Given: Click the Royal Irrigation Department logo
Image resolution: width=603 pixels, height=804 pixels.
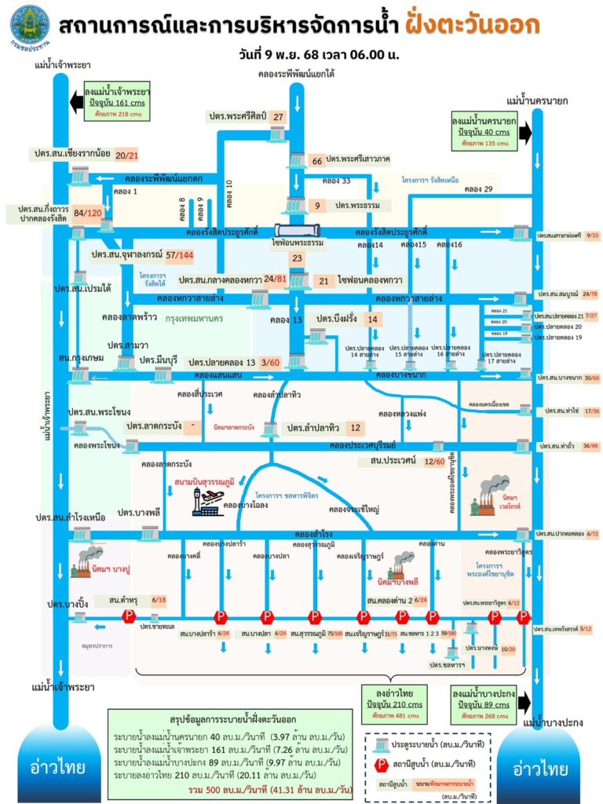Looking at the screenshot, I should (29, 26).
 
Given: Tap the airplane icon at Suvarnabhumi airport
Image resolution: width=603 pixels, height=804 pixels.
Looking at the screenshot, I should (211, 497).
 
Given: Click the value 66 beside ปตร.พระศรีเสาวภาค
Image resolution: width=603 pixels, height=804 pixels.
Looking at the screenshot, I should (317, 160).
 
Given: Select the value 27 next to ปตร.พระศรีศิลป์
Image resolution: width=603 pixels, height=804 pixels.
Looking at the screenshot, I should (278, 117).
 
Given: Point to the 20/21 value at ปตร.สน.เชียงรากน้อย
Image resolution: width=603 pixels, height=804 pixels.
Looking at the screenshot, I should (126, 155).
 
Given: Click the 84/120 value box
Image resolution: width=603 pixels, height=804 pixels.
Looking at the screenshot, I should (88, 213).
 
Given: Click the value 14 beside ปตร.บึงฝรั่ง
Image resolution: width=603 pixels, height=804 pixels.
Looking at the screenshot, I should (373, 320).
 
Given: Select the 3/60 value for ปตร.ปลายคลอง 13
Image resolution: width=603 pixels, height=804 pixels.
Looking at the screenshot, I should (270, 363).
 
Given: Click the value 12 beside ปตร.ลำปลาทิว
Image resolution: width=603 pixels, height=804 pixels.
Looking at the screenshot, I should (356, 427).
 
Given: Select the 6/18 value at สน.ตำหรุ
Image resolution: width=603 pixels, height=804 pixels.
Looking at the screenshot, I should (159, 601).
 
